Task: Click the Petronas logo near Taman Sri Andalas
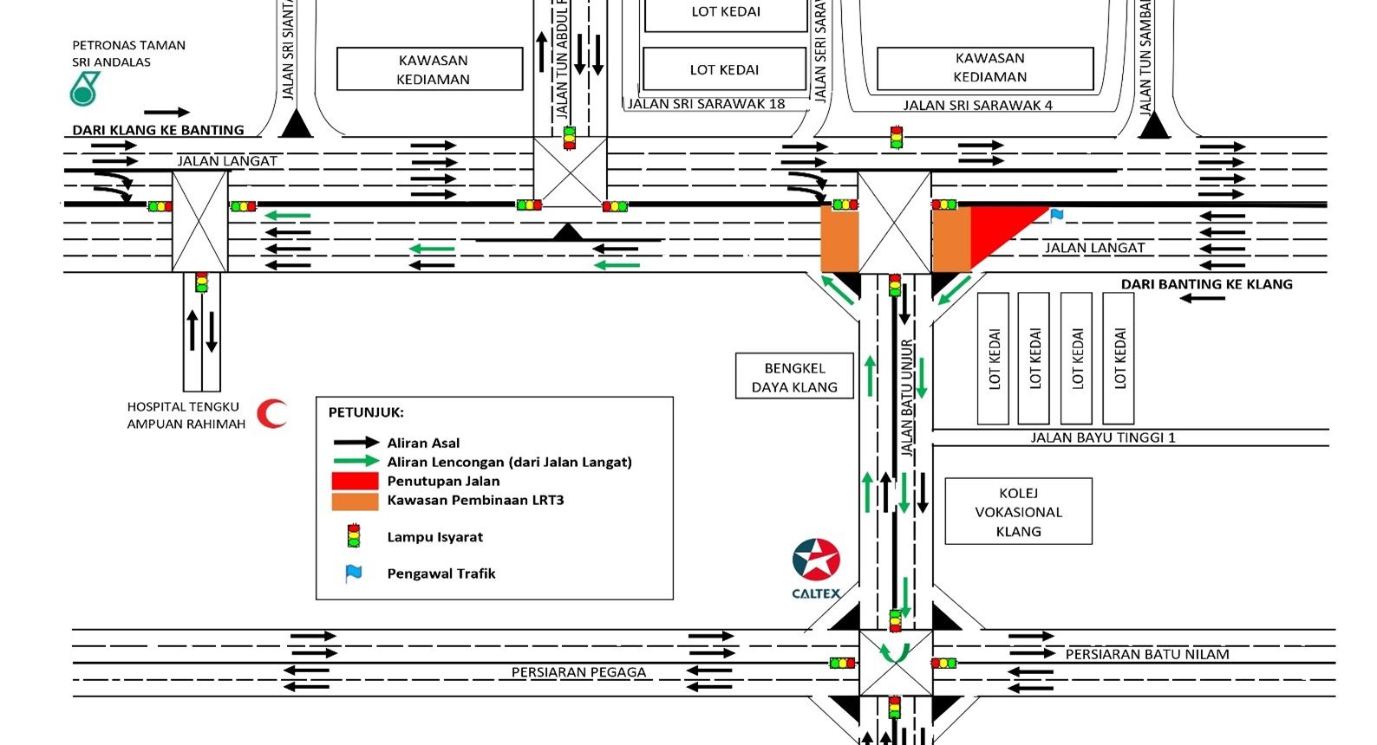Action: click(x=84, y=89)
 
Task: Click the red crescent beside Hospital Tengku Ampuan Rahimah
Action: click(x=273, y=413)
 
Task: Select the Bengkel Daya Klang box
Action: click(x=794, y=377)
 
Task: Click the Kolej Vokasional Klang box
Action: click(x=1018, y=512)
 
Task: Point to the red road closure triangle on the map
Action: click(x=996, y=230)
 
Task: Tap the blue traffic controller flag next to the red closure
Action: click(x=1056, y=215)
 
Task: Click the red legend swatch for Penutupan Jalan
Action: click(x=355, y=481)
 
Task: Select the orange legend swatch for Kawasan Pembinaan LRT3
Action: click(x=355, y=501)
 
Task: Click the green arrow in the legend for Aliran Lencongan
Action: click(x=355, y=462)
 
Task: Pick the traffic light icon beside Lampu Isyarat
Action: click(x=353, y=536)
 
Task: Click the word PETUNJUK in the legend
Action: click(x=366, y=412)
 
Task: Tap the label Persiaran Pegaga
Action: click(x=578, y=672)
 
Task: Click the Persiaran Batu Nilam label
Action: click(x=1146, y=655)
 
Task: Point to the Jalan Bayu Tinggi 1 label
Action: click(x=1102, y=437)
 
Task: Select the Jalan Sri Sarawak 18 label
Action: click(x=706, y=104)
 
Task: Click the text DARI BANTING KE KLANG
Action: click(x=1206, y=284)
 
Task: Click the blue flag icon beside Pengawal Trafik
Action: click(x=353, y=573)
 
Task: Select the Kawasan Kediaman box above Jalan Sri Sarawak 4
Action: click(x=989, y=68)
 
